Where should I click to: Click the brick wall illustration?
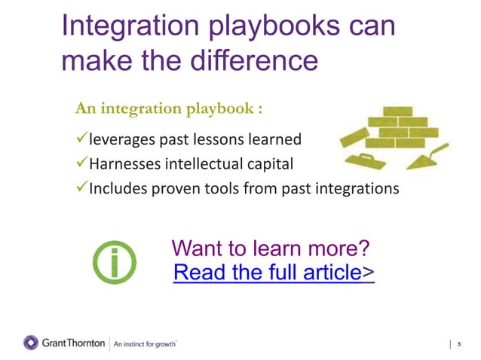click(404, 132)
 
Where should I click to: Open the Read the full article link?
click(274, 272)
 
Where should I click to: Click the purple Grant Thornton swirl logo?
click(31, 343)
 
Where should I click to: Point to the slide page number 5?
click(458, 344)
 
